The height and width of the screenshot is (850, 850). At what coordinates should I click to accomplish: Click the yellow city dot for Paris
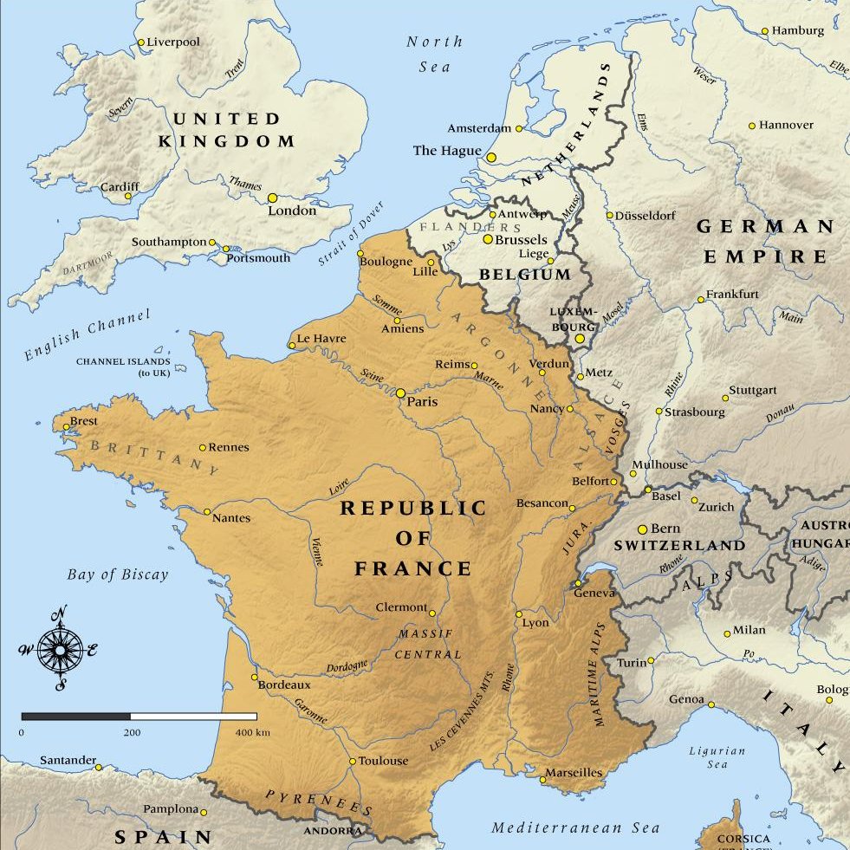[x=400, y=393]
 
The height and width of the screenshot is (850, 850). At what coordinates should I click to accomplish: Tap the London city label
[x=292, y=211]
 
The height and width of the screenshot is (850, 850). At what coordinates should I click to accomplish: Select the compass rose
[x=60, y=649]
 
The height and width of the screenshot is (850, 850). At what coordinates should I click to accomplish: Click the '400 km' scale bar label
[x=252, y=733]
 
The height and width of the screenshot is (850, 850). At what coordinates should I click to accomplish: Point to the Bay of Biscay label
[x=118, y=574]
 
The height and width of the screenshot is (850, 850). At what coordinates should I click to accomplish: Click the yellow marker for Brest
[x=66, y=426]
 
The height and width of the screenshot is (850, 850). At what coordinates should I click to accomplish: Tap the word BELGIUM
[x=526, y=275]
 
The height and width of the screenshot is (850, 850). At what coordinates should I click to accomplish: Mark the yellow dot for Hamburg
[x=765, y=31]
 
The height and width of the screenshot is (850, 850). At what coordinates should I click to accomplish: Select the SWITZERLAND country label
[x=679, y=546]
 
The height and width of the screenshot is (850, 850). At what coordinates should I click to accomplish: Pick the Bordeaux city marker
[x=254, y=678]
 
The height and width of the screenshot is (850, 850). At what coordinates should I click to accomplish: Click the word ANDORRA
[x=333, y=831]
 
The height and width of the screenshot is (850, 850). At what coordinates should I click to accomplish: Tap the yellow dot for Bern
[x=642, y=529]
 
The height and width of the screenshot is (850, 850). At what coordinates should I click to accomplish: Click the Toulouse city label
[x=383, y=761]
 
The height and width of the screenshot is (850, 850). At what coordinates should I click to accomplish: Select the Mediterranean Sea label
[x=576, y=828]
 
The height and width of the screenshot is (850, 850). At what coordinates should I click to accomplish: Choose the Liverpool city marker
[x=140, y=42]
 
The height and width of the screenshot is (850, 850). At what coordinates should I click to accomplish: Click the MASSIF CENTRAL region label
[x=427, y=644]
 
